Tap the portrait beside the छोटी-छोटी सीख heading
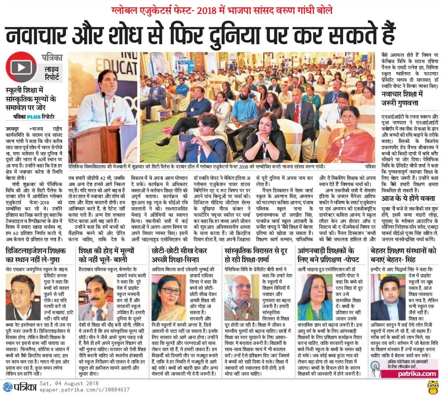(169, 298)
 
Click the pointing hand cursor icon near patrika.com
(377, 369)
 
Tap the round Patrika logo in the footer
(8, 386)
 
